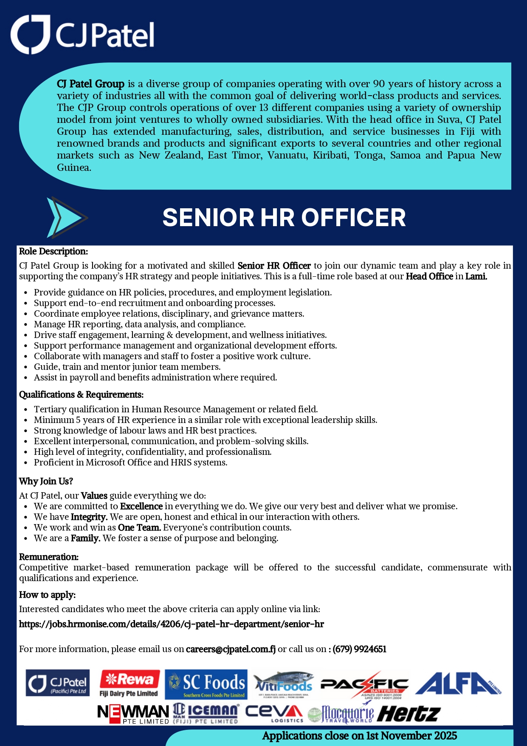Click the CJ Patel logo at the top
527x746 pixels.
tap(82, 34)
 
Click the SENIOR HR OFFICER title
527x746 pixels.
tap(284, 218)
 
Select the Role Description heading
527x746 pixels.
tap(54, 251)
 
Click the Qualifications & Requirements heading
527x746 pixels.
tap(81, 394)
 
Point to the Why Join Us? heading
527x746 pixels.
tap(46, 481)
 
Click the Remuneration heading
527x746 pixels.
tap(49, 557)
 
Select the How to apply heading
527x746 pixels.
tap(47, 595)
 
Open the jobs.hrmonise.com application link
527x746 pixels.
tap(171, 624)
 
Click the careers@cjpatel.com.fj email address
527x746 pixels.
tap(231, 649)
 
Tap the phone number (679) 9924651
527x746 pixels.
tap(359, 649)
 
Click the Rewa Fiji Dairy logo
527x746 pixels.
tap(129, 684)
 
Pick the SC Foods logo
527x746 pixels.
tap(206, 684)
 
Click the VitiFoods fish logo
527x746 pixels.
tap(283, 684)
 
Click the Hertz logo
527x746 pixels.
tap(408, 714)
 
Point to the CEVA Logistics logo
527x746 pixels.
tap(274, 713)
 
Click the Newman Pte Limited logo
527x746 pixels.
tap(133, 714)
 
